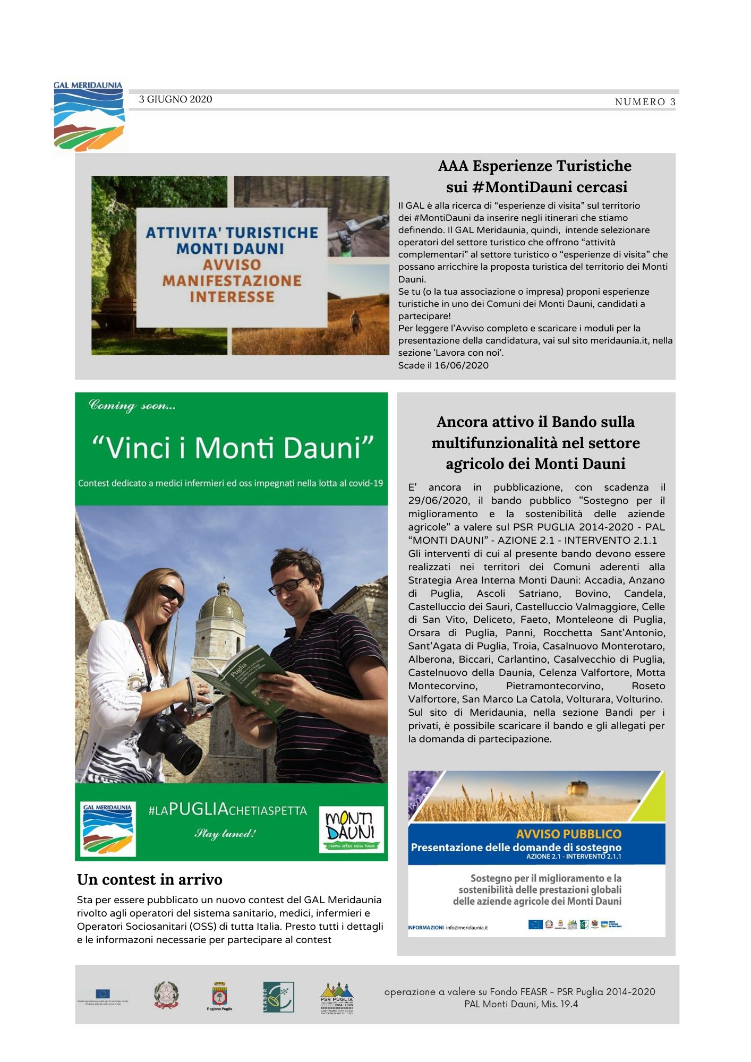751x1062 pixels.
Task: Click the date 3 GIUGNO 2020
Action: click(175, 99)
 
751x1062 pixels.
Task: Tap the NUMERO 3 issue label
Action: click(645, 102)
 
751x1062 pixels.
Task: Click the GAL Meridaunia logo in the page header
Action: click(89, 117)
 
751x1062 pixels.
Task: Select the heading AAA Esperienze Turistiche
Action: click(534, 166)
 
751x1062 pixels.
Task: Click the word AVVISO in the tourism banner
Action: click(232, 264)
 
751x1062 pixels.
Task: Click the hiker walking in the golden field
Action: click(355, 321)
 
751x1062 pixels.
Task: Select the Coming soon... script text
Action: click(132, 406)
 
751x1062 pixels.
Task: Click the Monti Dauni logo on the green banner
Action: click(351, 829)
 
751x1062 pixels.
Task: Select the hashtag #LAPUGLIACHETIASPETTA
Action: click(227, 810)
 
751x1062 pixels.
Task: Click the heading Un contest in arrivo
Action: click(149, 880)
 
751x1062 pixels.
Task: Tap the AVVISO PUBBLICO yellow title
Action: click(568, 834)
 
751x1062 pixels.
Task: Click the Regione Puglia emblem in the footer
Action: click(219, 996)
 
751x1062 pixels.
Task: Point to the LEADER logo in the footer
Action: click(278, 997)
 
